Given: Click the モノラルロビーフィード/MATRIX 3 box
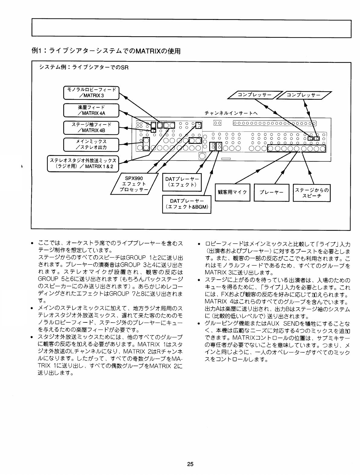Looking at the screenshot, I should click(x=91, y=93).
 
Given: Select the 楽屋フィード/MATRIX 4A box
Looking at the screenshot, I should click(x=91, y=110).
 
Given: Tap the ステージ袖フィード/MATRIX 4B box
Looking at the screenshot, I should click(x=91, y=127).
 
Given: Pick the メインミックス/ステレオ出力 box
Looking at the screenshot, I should click(x=91, y=144).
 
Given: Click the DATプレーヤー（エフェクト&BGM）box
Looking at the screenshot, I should click(x=186, y=204).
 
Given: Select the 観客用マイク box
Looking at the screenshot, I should click(x=232, y=192).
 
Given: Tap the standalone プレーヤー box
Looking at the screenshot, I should click(x=272, y=192).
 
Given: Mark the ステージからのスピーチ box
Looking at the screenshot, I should click(x=312, y=192).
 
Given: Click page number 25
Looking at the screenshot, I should click(x=190, y=464).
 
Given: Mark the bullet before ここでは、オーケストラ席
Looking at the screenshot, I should click(x=32, y=244).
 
